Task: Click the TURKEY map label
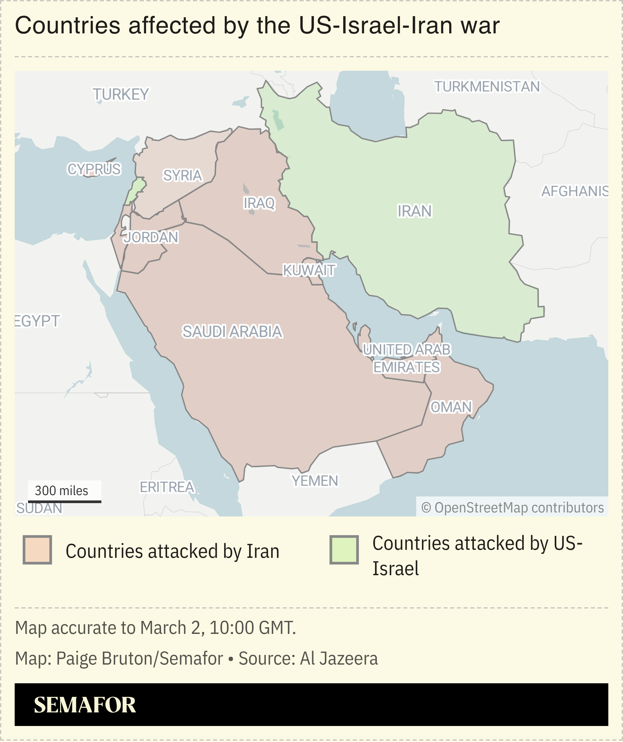pos(120,94)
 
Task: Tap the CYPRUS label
pos(94,169)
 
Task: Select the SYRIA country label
pos(182,175)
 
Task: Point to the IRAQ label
pos(259,203)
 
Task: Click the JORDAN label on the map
pos(150,237)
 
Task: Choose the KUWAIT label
pos(309,270)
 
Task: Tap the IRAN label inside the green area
pos(414,211)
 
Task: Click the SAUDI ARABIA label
pos(232,331)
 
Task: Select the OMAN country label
pos(451,407)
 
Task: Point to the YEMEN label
pos(315,480)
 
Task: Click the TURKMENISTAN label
pos(487,86)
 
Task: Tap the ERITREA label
pos(167,487)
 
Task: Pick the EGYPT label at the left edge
pos(37,321)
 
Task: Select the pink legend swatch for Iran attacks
pos(37,550)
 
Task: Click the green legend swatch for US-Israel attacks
pos(344,550)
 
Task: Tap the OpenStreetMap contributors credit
pos(512,507)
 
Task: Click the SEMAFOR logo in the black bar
pos(85,705)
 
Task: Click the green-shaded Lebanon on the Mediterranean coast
pos(135,191)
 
